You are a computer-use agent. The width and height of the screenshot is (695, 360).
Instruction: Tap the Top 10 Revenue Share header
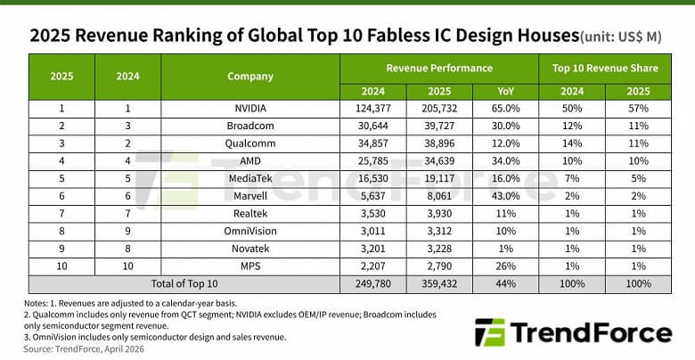click(605, 67)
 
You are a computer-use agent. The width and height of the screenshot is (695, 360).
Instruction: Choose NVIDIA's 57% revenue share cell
click(638, 108)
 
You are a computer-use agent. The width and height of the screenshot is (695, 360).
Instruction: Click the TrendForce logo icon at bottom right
click(492, 332)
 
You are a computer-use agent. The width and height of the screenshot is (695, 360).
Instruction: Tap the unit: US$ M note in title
click(622, 37)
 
